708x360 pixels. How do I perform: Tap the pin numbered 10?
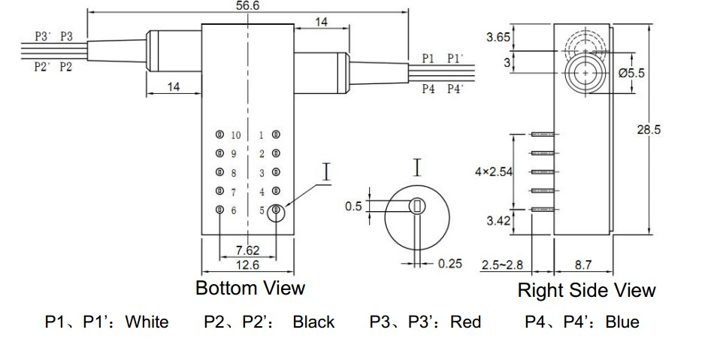(219, 135)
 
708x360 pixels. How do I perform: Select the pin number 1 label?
(261, 135)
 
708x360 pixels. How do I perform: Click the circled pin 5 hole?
(277, 210)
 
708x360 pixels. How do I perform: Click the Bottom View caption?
(250, 288)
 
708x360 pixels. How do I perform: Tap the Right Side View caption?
(586, 290)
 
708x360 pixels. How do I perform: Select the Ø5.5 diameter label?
(631, 74)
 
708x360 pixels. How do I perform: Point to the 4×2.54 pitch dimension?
(494, 171)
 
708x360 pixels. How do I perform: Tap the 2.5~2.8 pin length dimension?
(502, 265)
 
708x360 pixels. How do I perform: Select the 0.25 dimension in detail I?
(450, 264)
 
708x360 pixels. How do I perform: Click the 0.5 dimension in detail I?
(353, 206)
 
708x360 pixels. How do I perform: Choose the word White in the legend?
(147, 322)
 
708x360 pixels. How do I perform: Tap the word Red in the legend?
(466, 322)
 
